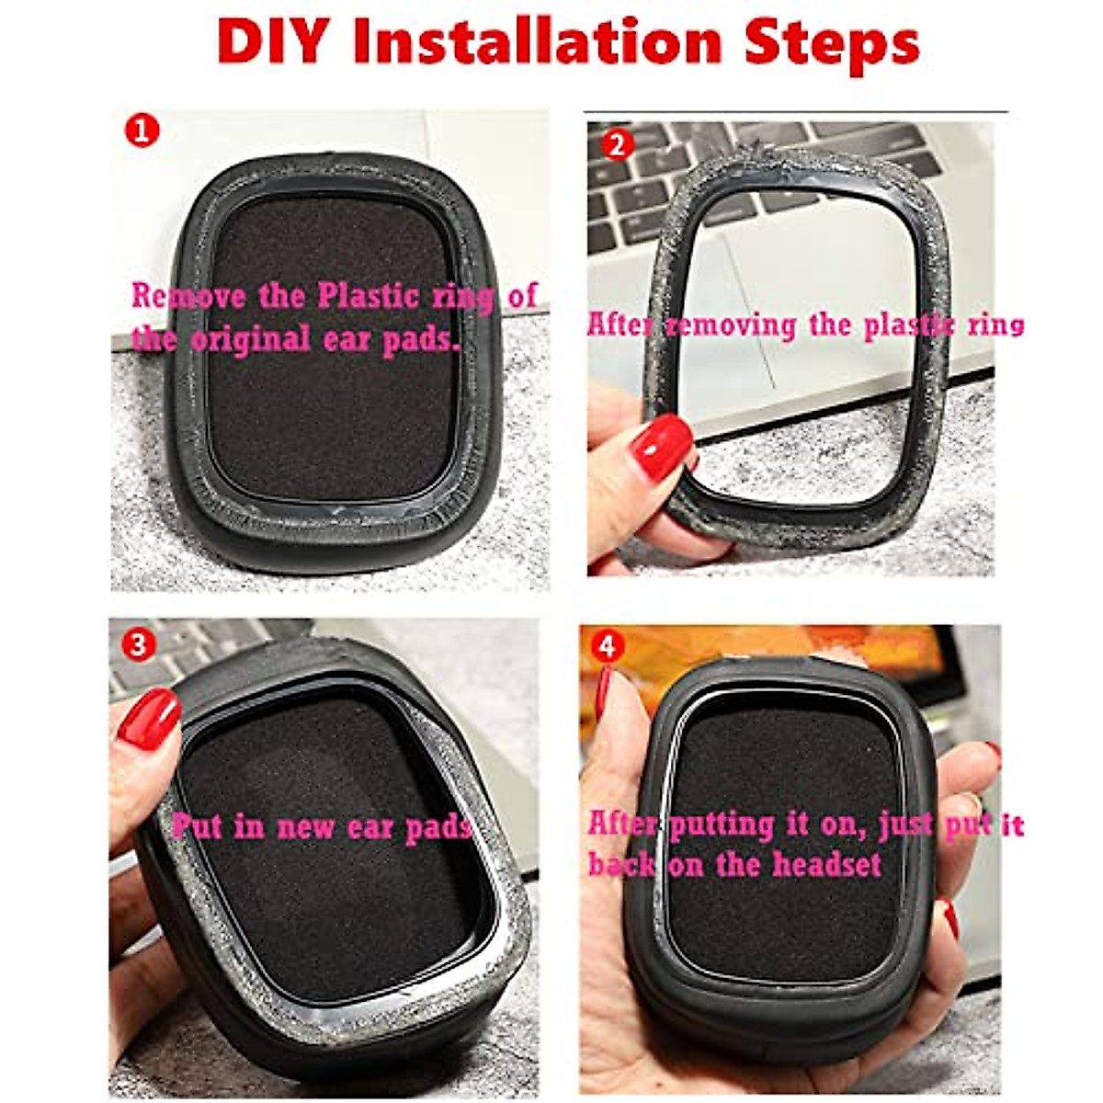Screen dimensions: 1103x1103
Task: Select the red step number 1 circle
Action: pos(142,131)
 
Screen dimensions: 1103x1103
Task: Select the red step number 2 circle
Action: pos(617,144)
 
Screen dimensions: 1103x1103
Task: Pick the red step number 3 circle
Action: pos(138,644)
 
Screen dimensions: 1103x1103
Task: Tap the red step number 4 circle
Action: pos(605,646)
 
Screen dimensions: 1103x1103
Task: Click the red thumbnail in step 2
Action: pos(661,447)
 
